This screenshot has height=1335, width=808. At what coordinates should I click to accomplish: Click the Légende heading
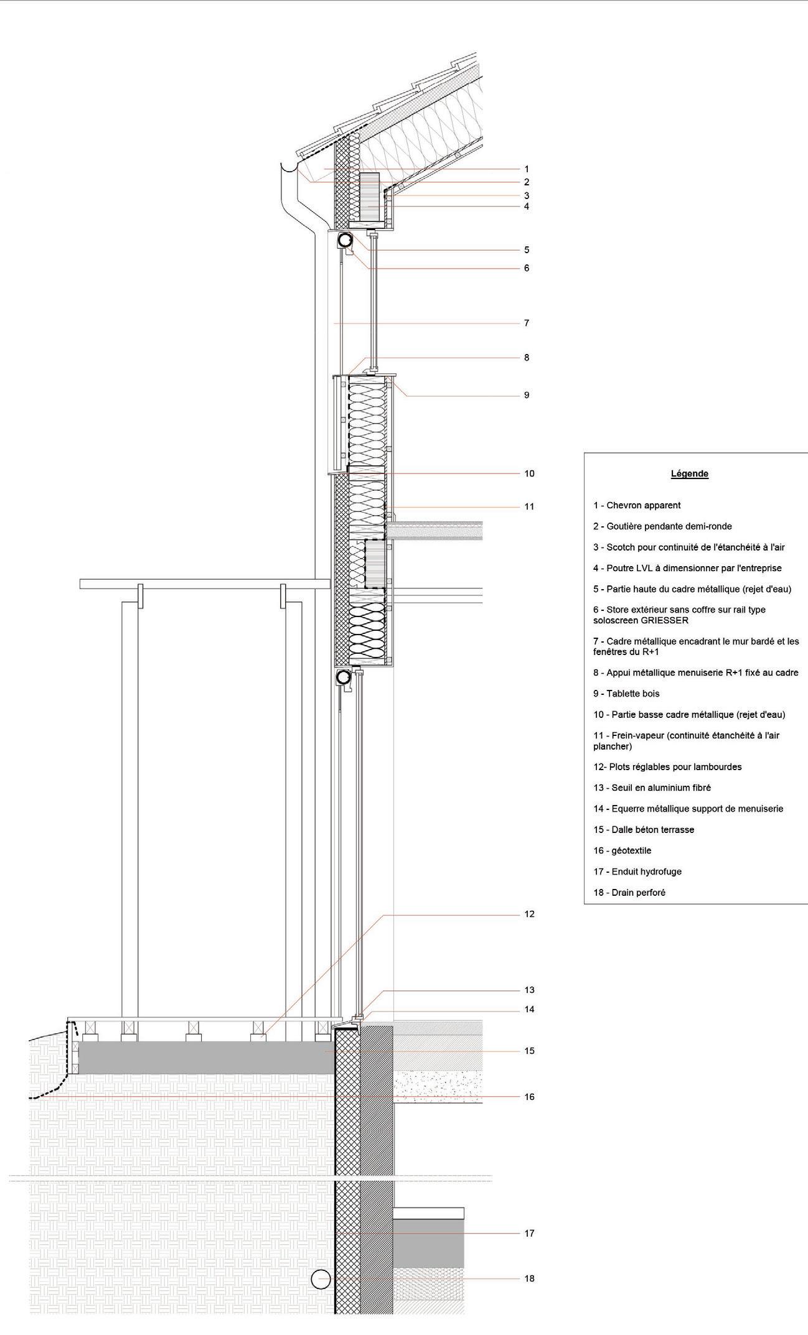pyautogui.click(x=689, y=473)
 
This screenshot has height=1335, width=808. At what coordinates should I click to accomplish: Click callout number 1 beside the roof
pyautogui.click(x=527, y=169)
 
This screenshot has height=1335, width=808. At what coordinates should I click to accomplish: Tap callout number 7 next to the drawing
pyautogui.click(x=527, y=323)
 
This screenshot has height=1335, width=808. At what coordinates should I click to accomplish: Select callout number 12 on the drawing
pyautogui.click(x=529, y=914)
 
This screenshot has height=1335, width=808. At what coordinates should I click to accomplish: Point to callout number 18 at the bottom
pyautogui.click(x=529, y=1278)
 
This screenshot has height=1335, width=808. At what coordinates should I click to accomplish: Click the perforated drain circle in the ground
pyautogui.click(x=321, y=1279)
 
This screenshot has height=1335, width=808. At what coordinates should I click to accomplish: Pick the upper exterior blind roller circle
pyautogui.click(x=345, y=240)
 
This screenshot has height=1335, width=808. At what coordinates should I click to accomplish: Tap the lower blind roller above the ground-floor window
pyautogui.click(x=343, y=677)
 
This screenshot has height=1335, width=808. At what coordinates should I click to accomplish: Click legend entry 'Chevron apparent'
pyautogui.click(x=637, y=505)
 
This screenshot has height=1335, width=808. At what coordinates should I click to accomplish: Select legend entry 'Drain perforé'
pyautogui.click(x=629, y=892)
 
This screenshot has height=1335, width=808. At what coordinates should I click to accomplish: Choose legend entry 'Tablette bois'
pyautogui.click(x=626, y=693)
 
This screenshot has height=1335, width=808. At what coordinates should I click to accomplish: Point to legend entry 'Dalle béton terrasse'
pyautogui.click(x=644, y=829)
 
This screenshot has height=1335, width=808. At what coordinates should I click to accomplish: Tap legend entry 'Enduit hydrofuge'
pyautogui.click(x=637, y=872)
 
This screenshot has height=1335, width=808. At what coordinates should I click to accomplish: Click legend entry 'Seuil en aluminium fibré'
pyautogui.click(x=652, y=788)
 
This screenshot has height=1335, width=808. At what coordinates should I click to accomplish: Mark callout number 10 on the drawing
pyautogui.click(x=529, y=473)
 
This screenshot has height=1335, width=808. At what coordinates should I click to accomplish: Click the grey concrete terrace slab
pyautogui.click(x=205, y=1057)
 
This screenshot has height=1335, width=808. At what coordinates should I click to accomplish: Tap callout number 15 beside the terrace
pyautogui.click(x=529, y=1051)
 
